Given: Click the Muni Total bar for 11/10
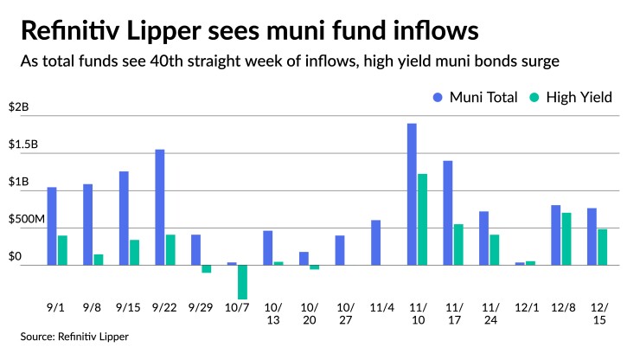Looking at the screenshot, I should (x=412, y=194).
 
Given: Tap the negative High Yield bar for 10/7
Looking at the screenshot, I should (x=243, y=281).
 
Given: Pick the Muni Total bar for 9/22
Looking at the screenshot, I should (x=160, y=207).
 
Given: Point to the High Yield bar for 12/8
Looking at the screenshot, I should (x=566, y=239).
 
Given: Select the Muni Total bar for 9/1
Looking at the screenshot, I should (x=52, y=226).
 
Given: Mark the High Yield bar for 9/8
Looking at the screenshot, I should (x=99, y=260).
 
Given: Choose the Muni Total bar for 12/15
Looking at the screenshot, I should (x=592, y=236).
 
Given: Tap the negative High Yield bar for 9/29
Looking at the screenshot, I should (x=207, y=268).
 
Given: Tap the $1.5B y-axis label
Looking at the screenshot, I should (x=24, y=145).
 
